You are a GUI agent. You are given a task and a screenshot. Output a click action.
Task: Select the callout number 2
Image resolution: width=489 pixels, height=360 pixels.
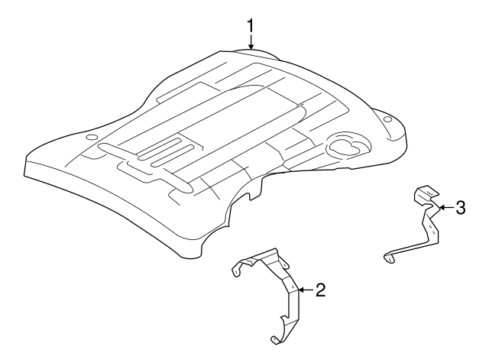point(320,290)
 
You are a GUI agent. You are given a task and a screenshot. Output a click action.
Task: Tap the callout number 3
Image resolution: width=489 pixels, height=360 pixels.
point(461,207)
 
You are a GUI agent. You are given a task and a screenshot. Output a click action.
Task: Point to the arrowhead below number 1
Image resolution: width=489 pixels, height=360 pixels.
point(251,47)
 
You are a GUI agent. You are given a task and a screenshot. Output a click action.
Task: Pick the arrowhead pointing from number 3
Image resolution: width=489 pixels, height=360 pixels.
point(442,207)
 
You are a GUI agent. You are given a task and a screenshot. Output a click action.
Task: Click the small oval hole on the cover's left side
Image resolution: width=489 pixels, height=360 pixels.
point(92,137)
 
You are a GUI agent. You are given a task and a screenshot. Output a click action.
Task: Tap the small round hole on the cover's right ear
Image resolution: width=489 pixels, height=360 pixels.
point(387,119)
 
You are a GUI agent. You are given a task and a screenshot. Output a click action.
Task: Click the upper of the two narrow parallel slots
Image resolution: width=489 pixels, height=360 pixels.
point(160,148)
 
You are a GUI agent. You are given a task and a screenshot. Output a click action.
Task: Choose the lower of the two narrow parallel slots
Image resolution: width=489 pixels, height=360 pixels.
point(173,155)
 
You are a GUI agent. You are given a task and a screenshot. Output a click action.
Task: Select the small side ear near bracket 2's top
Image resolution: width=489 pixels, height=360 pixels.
point(285,265)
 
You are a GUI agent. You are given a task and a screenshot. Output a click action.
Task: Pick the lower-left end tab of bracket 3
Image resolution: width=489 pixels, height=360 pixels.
point(390,258)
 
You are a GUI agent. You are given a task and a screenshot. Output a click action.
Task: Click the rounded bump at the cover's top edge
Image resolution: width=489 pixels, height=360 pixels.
point(256,53)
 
